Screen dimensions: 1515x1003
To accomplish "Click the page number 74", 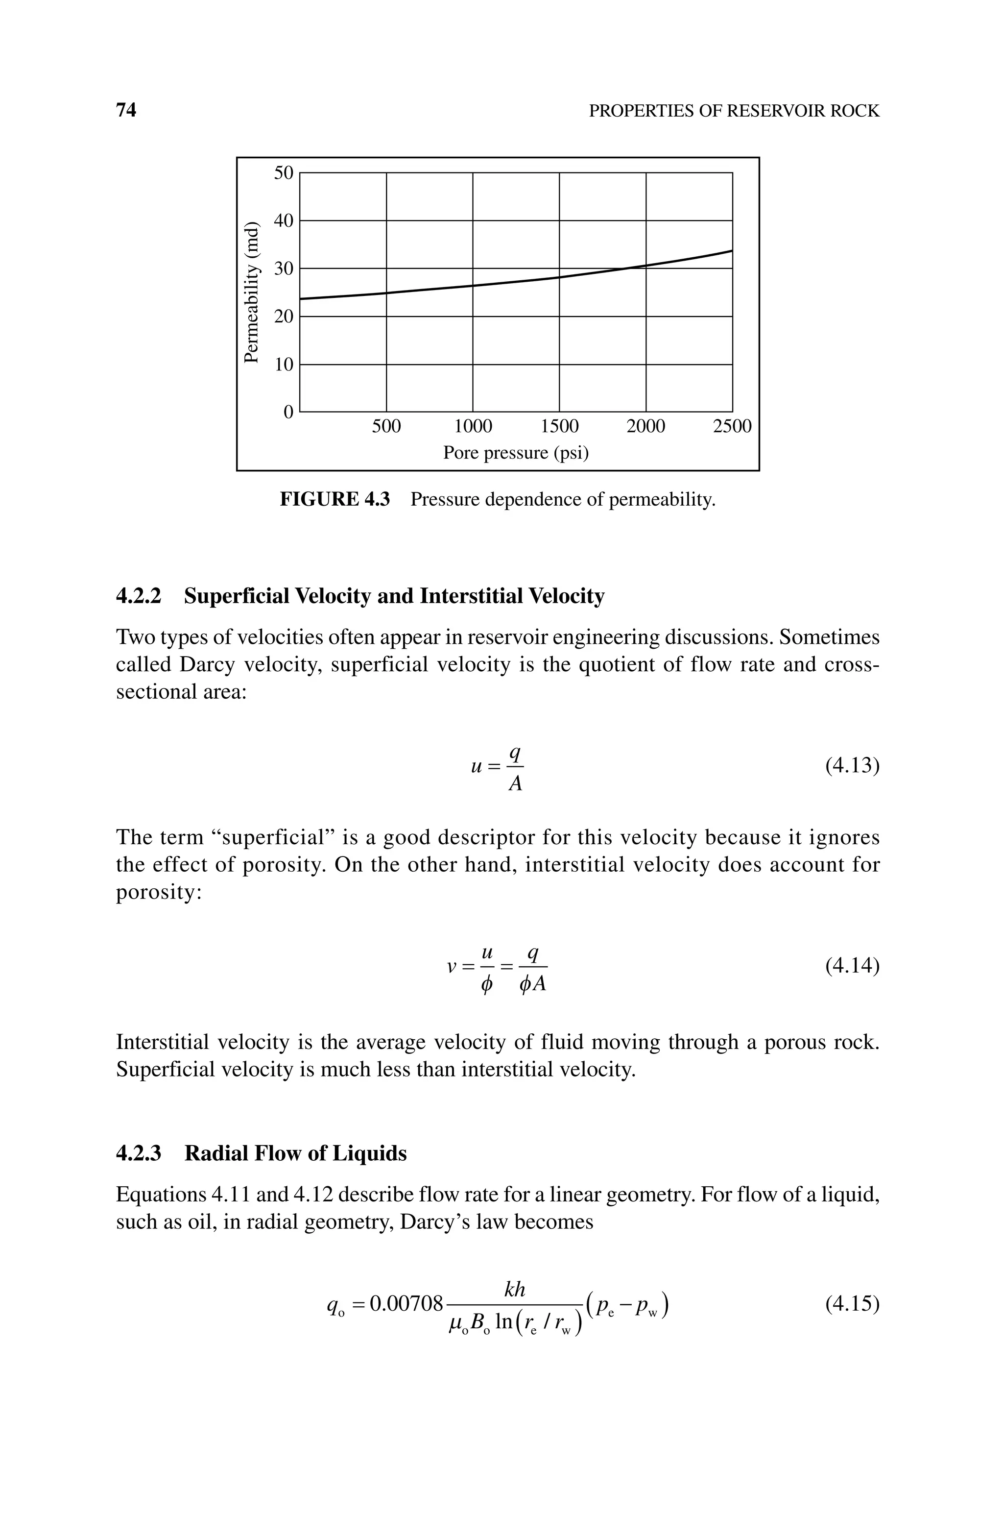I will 126,111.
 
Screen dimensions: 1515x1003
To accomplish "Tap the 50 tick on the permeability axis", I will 284,173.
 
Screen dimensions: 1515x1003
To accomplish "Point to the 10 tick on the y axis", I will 284,365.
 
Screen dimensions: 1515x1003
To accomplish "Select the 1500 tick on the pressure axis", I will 559,426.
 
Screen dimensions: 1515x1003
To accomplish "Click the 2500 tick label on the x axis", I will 732,426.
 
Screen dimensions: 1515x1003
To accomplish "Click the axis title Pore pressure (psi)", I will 516,453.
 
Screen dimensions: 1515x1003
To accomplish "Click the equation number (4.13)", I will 852,765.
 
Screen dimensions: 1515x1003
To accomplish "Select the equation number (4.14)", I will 852,965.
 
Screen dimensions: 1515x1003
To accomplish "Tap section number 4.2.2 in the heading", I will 138,596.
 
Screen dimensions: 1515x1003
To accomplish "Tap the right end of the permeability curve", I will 731,251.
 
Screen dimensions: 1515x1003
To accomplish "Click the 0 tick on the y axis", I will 288,412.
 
